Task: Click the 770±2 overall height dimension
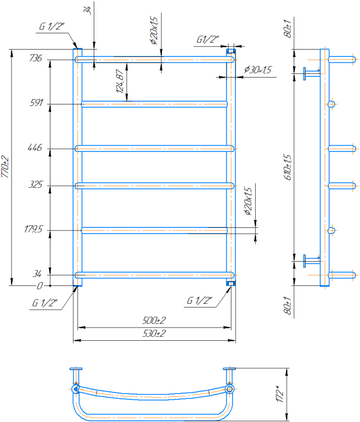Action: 5,167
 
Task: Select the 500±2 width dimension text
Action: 154,320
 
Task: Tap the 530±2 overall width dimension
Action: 154,333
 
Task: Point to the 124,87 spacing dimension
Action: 120,81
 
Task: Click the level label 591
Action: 36,102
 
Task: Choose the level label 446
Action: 35,148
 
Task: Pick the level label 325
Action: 36,184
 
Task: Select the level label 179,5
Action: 33,229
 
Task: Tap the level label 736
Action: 36,58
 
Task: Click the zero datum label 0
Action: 40,285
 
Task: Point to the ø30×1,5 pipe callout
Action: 258,70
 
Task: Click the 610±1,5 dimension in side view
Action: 287,167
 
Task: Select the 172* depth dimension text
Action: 280,394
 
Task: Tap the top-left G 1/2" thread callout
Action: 52,26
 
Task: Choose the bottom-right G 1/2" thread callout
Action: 199,300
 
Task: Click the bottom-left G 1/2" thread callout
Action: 45,303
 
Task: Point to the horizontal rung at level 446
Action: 154,149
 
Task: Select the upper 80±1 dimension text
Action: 287,28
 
